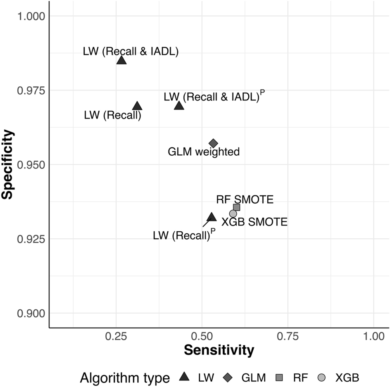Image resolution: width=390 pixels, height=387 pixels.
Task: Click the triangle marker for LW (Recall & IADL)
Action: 121,60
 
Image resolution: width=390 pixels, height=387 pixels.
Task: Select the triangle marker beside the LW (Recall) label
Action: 137,106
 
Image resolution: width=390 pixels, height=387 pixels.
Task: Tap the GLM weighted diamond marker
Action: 213,143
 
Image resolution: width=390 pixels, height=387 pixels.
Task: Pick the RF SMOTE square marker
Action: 237,207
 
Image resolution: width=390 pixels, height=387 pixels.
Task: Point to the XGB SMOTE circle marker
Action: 233,214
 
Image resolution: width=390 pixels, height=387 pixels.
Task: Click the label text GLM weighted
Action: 204,152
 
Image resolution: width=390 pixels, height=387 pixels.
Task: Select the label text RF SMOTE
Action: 245,200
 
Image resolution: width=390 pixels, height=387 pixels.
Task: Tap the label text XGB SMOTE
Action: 254,222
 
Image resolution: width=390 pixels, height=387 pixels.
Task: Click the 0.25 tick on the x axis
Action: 116,336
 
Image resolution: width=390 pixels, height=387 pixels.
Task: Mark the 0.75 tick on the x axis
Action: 288,336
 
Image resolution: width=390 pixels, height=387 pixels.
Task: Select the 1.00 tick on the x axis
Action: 373,336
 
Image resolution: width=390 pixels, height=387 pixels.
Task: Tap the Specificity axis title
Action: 7,164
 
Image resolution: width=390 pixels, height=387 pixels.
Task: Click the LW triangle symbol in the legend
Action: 185,377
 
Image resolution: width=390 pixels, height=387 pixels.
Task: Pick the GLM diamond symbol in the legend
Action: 228,377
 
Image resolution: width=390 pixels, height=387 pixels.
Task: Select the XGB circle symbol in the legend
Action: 322,377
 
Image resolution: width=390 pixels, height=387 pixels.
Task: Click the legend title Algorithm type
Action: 125,377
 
